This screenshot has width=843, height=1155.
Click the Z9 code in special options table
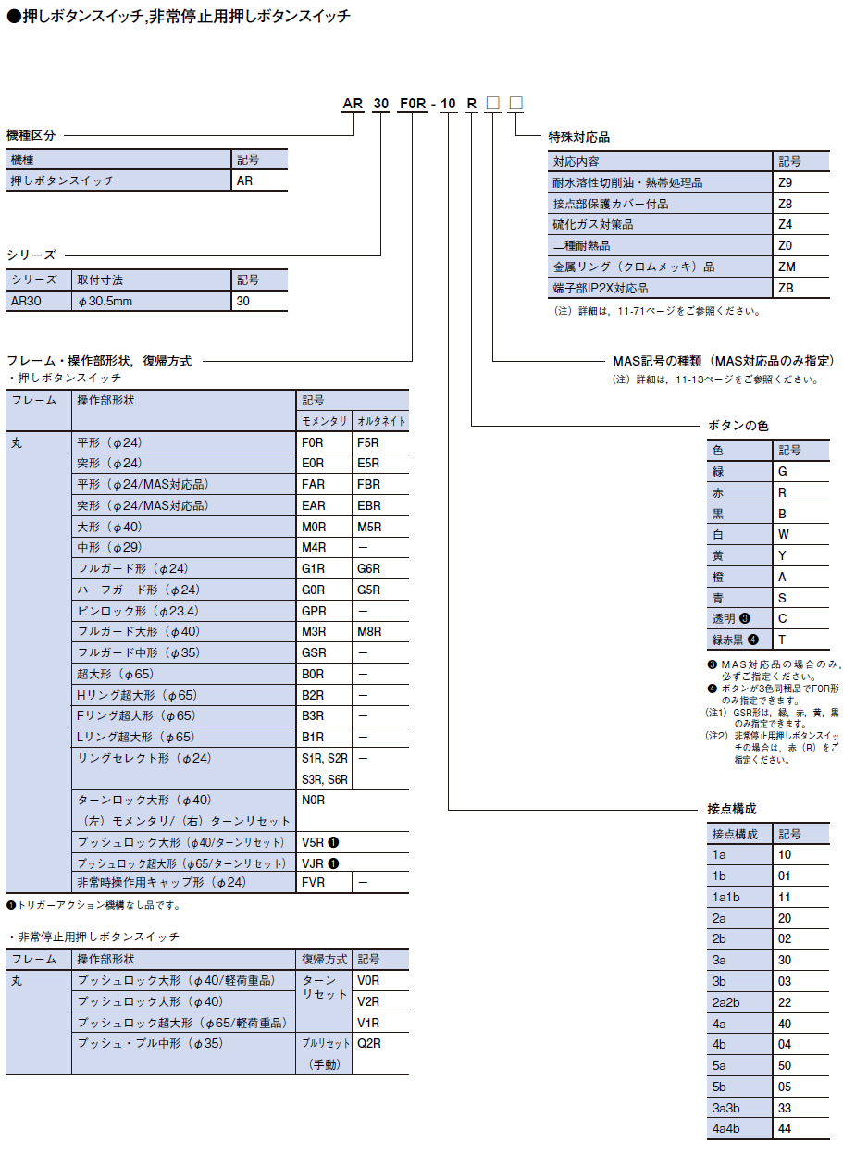click(x=786, y=182)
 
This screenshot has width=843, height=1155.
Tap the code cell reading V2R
click(x=368, y=1001)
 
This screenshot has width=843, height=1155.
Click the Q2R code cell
click(x=369, y=1043)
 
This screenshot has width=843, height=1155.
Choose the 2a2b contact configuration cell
click(x=726, y=1002)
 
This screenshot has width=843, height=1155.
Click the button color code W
click(x=783, y=534)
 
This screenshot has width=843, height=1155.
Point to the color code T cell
click(x=782, y=640)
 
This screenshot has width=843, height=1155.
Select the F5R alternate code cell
click(x=368, y=442)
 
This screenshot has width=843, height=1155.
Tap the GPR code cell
click(x=314, y=611)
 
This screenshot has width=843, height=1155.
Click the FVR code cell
click(x=314, y=883)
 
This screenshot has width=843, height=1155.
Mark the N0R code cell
click(x=314, y=800)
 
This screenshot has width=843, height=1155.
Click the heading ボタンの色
click(x=738, y=426)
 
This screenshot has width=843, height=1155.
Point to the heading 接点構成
click(x=732, y=809)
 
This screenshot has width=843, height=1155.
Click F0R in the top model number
click(x=412, y=104)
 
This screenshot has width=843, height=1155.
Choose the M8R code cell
click(x=368, y=632)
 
